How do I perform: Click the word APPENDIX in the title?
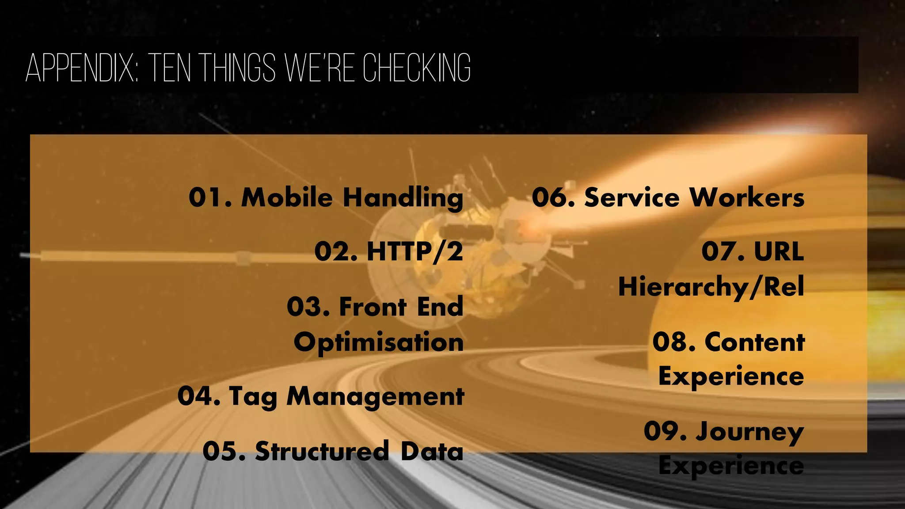82,68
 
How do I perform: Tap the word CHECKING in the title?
417,68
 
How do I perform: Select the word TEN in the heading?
169,68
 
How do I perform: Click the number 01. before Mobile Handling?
210,198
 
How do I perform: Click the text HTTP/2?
414,252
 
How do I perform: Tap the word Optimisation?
379,342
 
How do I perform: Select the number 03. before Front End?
308,307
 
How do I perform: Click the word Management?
375,397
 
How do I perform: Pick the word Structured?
322,451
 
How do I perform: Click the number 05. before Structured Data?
224,451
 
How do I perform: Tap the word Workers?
747,198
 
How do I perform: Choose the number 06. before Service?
553,198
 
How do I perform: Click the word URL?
779,252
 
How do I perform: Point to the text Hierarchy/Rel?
711,287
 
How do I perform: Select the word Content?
755,342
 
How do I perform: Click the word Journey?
749,432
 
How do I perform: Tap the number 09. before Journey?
665,431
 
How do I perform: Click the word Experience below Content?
731,377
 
